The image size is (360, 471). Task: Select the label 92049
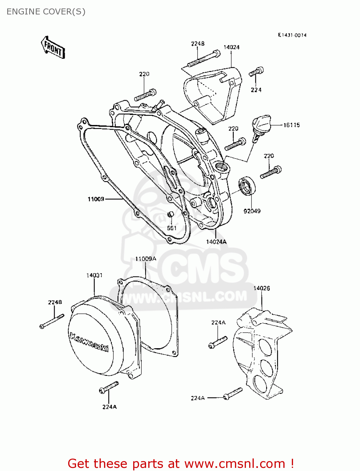252,211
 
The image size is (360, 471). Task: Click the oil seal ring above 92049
247,186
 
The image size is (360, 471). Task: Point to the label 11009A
145,259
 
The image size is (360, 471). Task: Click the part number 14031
94,275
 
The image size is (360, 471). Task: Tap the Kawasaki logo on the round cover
89,342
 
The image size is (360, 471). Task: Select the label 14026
261,288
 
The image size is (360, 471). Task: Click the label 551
172,228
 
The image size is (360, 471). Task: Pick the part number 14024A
216,242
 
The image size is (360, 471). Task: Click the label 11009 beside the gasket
96,199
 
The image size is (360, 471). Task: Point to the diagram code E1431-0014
292,35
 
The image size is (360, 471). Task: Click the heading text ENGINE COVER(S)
46,12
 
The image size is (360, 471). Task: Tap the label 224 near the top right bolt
256,90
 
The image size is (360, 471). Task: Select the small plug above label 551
170,214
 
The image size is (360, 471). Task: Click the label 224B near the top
198,44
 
